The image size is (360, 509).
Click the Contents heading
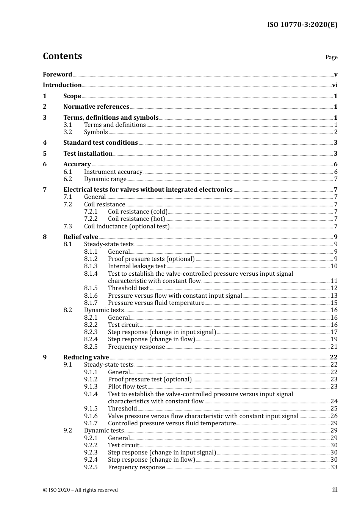pyautogui.click(x=62, y=56)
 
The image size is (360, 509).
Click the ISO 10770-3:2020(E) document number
pyautogui.click(x=302, y=25)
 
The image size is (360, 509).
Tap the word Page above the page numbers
pyautogui.click(x=331, y=57)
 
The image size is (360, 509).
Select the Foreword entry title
pyautogui.click(x=57, y=74)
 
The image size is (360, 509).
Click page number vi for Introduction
pyautogui.click(x=335, y=85)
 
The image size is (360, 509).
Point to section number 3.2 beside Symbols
pyautogui.click(x=67, y=132)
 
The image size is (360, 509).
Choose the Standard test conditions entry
pyautogui.click(x=100, y=143)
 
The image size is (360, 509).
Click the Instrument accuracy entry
pyautogui.click(x=113, y=172)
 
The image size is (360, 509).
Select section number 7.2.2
pyautogui.click(x=91, y=219)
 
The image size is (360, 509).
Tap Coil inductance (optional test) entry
pyautogui.click(x=127, y=226)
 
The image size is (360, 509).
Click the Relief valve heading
pyautogui.click(x=80, y=237)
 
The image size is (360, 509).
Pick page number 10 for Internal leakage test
pyautogui.click(x=334, y=266)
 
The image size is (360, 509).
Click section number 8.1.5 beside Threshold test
pyautogui.click(x=91, y=288)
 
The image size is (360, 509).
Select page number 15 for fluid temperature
pyautogui.click(x=334, y=303)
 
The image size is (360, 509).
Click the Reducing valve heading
pyautogui.click(x=86, y=358)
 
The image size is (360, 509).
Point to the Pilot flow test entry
pyautogui.click(x=127, y=387)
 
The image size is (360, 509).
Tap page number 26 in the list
pyautogui.click(x=334, y=416)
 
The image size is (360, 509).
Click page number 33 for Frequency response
pyautogui.click(x=334, y=467)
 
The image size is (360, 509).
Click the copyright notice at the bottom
pyautogui.click(x=80, y=490)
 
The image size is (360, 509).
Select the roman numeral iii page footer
pyautogui.click(x=335, y=490)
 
